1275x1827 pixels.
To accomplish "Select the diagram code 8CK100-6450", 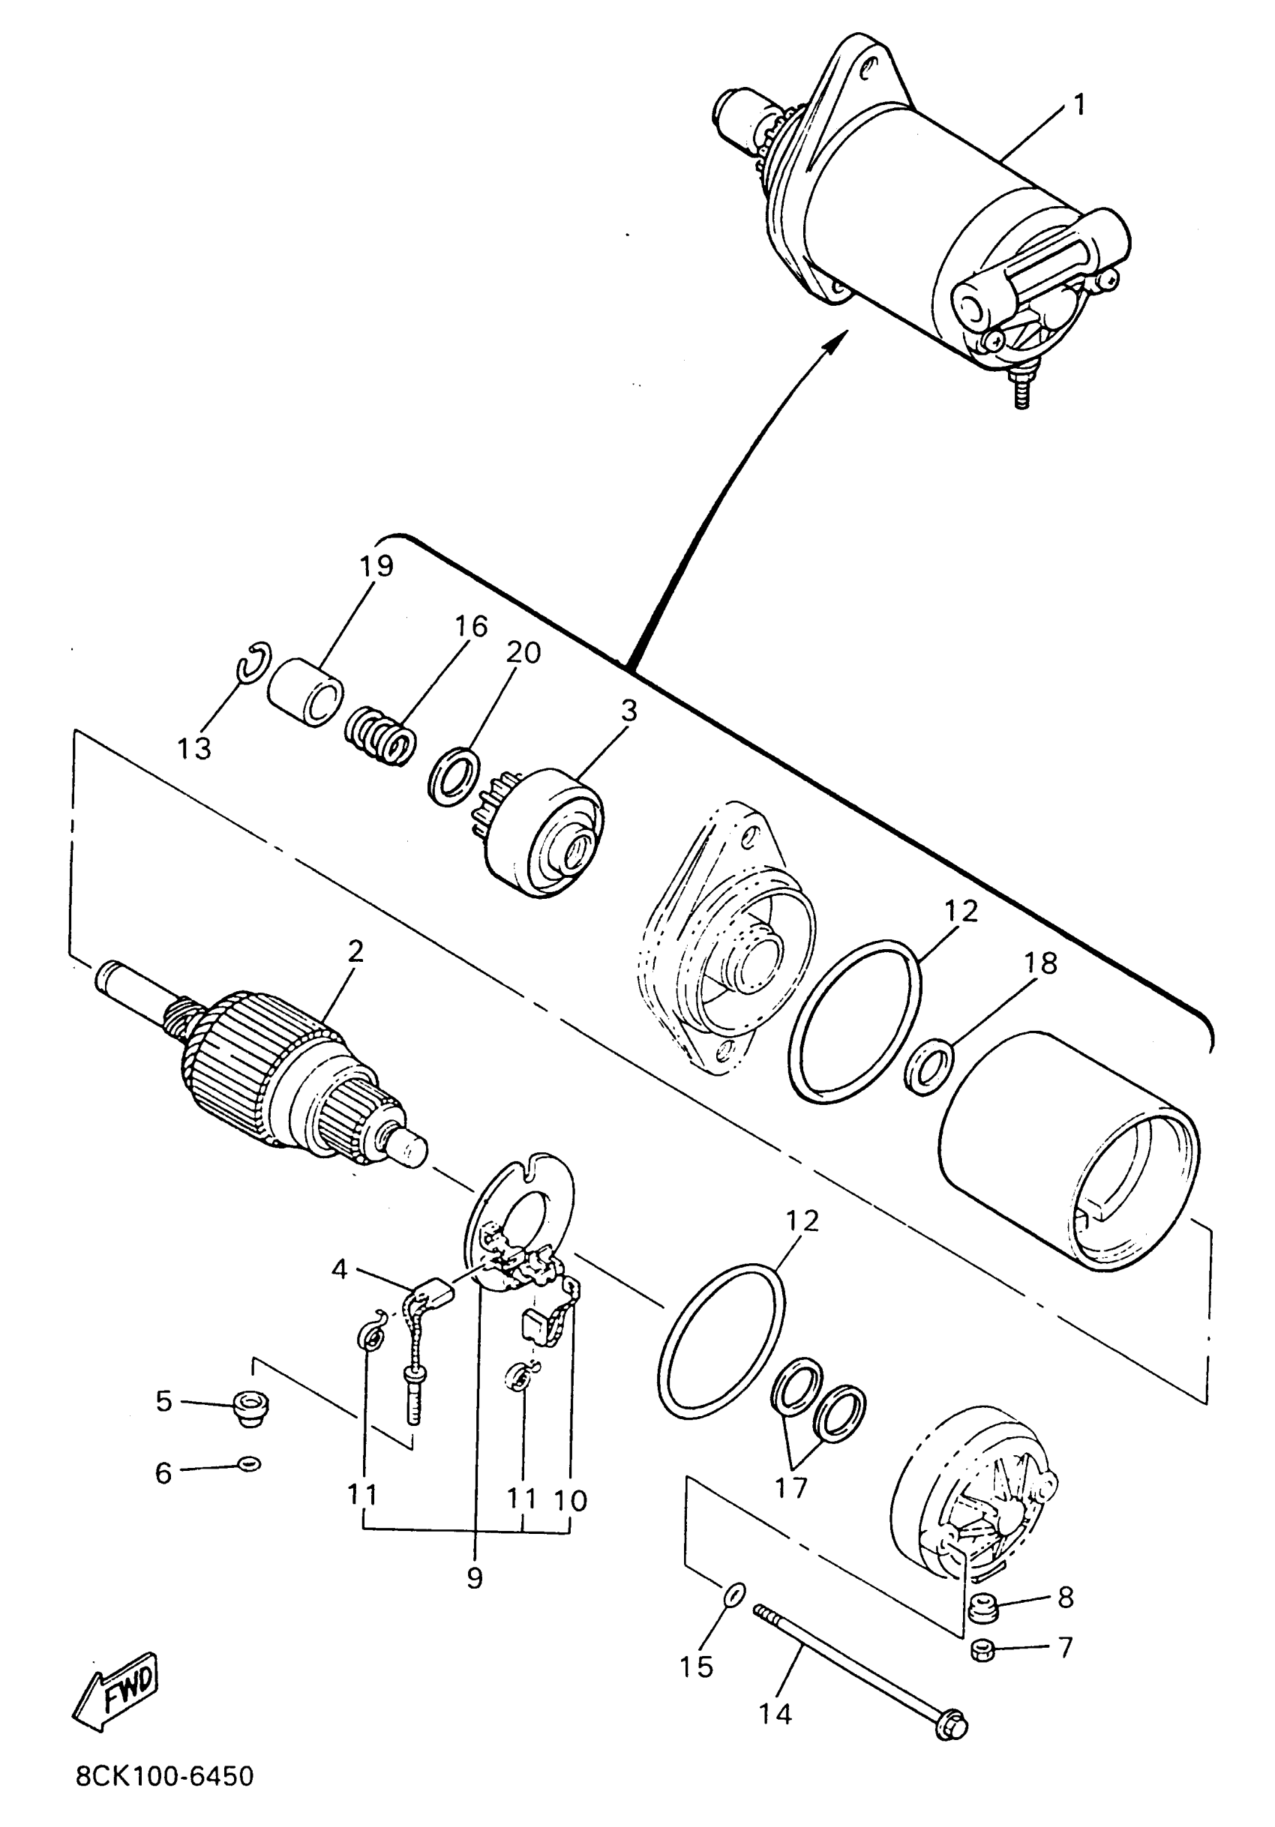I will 165,1775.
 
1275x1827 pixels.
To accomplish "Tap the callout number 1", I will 1078,104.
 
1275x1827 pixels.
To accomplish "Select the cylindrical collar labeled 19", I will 305,691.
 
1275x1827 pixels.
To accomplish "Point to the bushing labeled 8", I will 983,1607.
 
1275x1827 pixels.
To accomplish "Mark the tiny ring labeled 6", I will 249,1463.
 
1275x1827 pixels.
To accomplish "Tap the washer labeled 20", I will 454,775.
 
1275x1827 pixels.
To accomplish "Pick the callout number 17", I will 791,1487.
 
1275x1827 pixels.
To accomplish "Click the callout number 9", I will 474,1577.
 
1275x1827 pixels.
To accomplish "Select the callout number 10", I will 570,1501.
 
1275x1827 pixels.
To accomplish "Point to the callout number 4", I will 340,1269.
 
